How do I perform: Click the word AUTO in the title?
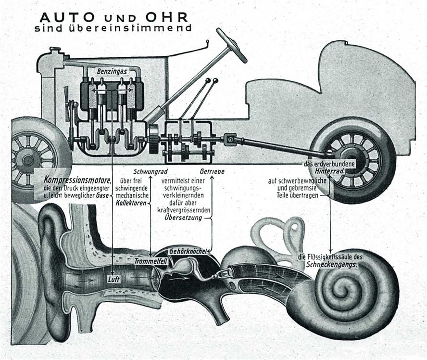pyautogui.click(x=67, y=17)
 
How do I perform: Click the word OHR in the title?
pyautogui.click(x=167, y=17)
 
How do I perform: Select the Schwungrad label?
pyautogui.click(x=151, y=172)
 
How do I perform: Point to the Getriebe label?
pyautogui.click(x=212, y=172)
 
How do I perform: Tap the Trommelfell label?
pyautogui.click(x=151, y=261)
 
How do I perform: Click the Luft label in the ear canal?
pyautogui.click(x=113, y=279)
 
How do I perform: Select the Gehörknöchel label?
pyautogui.click(x=188, y=251)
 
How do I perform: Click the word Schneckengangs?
pyautogui.click(x=331, y=264)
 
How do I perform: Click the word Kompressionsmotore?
pyautogui.click(x=77, y=180)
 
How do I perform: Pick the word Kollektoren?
pyautogui.click(x=131, y=203)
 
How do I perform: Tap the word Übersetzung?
pyautogui.click(x=183, y=218)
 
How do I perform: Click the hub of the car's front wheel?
pyautogui.click(x=27, y=160)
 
